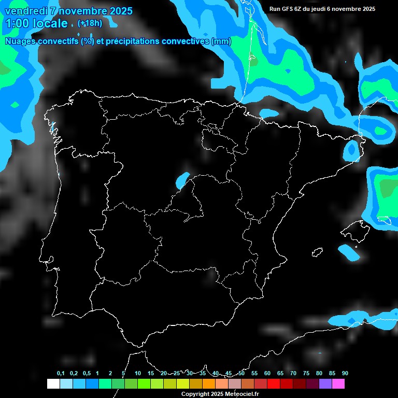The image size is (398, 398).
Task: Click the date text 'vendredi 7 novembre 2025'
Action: tap(68, 11)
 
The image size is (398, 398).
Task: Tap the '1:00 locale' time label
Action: tap(37, 23)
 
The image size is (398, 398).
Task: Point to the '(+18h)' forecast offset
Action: tap(90, 23)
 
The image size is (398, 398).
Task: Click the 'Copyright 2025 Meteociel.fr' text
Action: tap(220, 394)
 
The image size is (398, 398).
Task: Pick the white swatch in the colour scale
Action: tap(53, 384)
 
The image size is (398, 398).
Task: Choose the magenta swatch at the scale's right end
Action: tap(338, 384)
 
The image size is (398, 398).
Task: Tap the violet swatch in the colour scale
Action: tap(325, 384)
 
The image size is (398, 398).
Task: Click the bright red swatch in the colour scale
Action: tap(274, 384)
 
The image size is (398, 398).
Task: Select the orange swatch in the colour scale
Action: tap(208, 384)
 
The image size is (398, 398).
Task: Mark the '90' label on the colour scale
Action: tap(345, 373)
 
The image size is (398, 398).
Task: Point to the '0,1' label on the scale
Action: tap(60, 373)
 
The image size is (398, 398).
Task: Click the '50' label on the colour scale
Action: tap(241, 373)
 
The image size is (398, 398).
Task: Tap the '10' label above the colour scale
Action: tap(137, 373)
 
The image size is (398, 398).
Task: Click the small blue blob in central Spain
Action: tap(182, 180)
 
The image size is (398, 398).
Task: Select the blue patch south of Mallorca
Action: tap(348, 252)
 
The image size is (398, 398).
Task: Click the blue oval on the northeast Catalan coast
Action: tap(351, 150)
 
